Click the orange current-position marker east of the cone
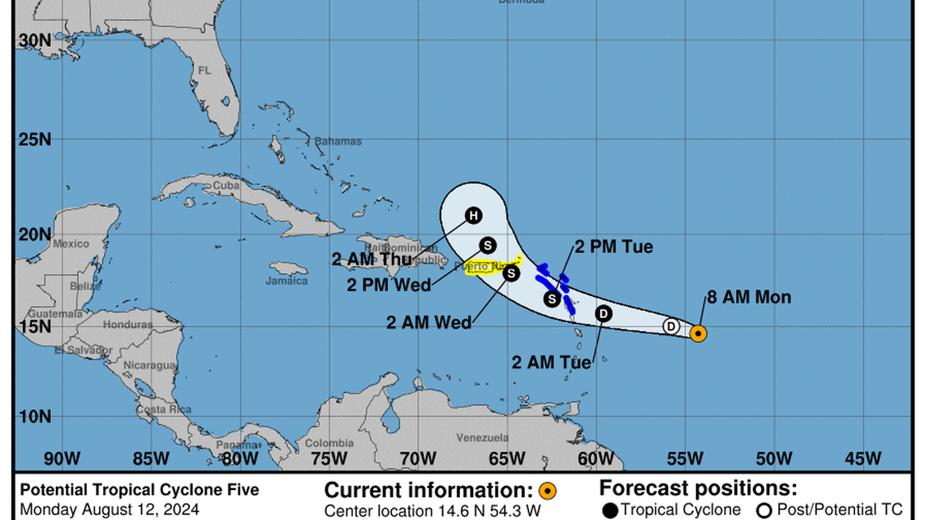pos(698,333)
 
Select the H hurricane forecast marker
pos(473,215)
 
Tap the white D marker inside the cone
pos(671,326)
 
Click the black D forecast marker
pos(604,314)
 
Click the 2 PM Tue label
pos(613,247)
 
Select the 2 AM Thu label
pos(371,259)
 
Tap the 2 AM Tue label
pos(552,363)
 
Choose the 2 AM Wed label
pos(430,322)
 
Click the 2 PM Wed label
pos(389,285)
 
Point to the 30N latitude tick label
pos(35,40)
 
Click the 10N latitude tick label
pos(35,416)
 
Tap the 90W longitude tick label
pos(61,458)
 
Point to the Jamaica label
pos(287,281)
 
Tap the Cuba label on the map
pos(226,186)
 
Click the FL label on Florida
pos(204,71)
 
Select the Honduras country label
pos(128,324)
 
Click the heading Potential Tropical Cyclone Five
pos(140,489)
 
